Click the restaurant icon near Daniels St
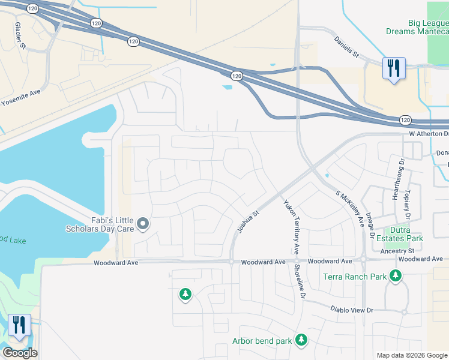coord(394,69)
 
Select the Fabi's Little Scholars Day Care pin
coord(143,224)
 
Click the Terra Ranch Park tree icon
coord(395,276)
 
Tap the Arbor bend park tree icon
coord(301,341)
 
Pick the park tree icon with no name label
coord(185,295)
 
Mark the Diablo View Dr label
coord(352,310)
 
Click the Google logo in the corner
coord(20,353)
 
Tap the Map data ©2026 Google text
coord(411,355)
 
